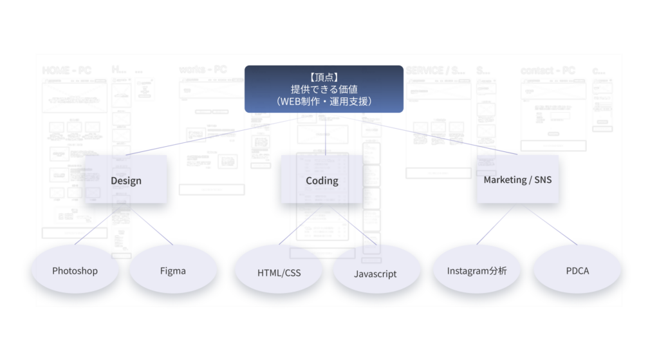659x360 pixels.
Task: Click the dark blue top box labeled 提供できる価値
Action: pyautogui.click(x=324, y=90)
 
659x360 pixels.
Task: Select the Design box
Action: pyautogui.click(x=125, y=180)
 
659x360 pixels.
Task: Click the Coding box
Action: pyautogui.click(x=322, y=180)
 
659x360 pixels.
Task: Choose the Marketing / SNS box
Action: pyautogui.click(x=517, y=179)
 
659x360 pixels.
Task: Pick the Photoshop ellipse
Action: pyautogui.click(x=75, y=270)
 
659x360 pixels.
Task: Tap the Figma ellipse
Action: pyautogui.click(x=172, y=270)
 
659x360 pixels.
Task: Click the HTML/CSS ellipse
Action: pyautogui.click(x=279, y=272)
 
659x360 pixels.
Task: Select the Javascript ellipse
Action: pyautogui.click(x=375, y=273)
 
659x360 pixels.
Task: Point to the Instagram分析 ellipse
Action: pyautogui.click(x=477, y=270)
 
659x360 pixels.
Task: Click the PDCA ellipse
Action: pyautogui.click(x=577, y=270)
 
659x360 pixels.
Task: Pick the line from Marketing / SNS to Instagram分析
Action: pyautogui.click(x=496, y=225)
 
